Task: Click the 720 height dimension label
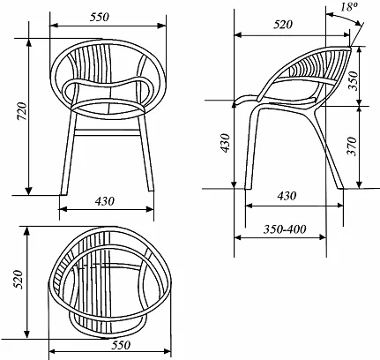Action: point(22,111)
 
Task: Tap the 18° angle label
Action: point(348,7)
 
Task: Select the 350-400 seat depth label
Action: point(285,229)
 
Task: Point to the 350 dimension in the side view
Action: point(353,80)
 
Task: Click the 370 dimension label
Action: point(352,146)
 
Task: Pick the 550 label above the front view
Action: point(99,17)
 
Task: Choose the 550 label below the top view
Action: point(121,345)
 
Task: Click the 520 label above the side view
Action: point(283,25)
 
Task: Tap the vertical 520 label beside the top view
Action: point(19,279)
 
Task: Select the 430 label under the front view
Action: point(105,201)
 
